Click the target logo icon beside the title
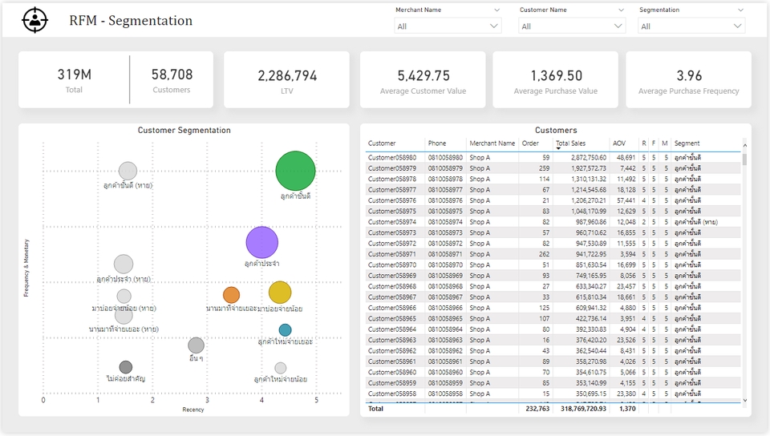[34, 20]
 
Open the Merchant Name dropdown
[448, 26]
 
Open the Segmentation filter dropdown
[691, 26]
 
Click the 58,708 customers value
[172, 75]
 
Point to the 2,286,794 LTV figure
[287, 76]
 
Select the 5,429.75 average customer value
[423, 76]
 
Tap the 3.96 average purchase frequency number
[688, 76]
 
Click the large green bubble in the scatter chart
[295, 171]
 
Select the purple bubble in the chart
[261, 242]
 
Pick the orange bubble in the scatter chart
[231, 295]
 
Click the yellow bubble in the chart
[279, 293]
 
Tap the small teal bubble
[285, 329]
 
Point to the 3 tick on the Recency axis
[207, 400]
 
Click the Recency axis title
[192, 410]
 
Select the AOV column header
[618, 143]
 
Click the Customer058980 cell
[392, 158]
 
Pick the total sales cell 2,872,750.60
[582, 158]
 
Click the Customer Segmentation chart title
[184, 130]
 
